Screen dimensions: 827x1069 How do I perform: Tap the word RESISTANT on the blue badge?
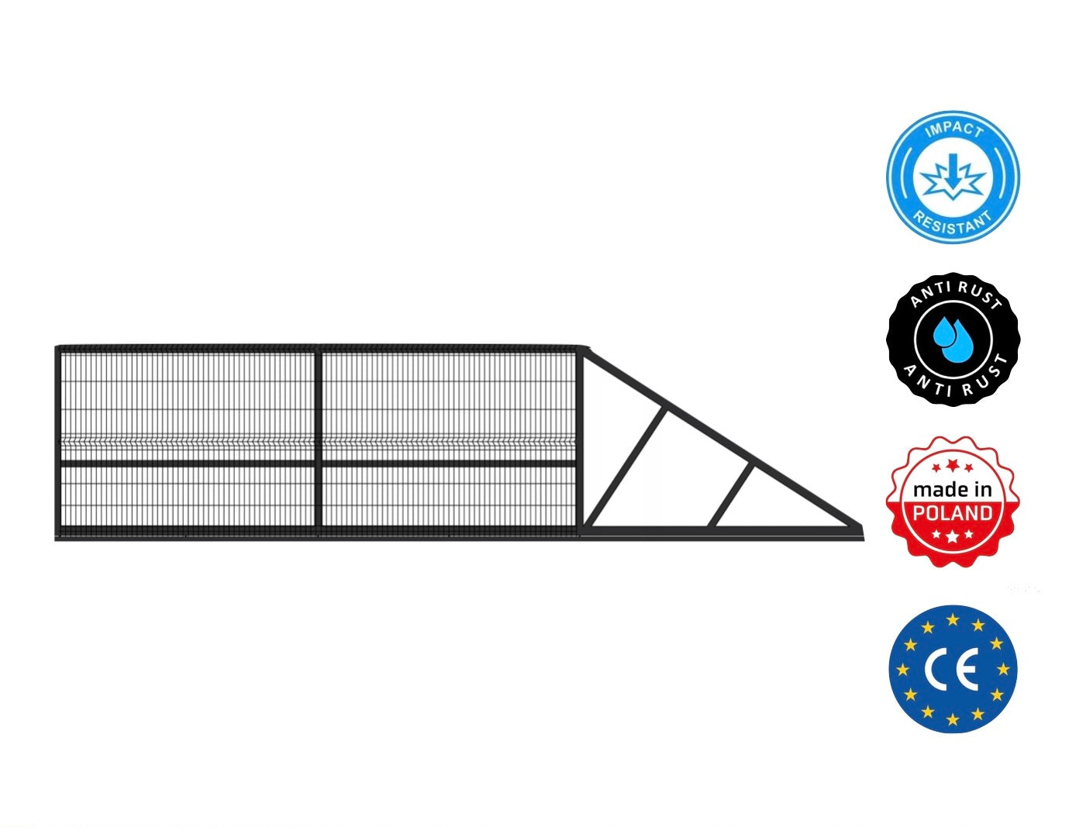point(953,221)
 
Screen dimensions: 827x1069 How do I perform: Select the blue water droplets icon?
point(953,334)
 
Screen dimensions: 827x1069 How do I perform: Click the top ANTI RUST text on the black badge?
point(955,294)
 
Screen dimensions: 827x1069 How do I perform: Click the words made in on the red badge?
point(952,489)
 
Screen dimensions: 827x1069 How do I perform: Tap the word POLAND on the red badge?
point(952,512)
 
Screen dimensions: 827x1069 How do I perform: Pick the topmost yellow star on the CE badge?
point(953,620)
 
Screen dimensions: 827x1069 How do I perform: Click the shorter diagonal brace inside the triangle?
point(731,495)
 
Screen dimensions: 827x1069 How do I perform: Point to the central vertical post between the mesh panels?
point(317,442)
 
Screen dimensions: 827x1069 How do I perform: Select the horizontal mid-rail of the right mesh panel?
point(448,463)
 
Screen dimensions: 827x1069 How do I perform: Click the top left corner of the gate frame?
point(58,349)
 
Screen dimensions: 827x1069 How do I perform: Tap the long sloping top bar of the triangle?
point(721,437)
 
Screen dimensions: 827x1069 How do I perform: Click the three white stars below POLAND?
point(952,535)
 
